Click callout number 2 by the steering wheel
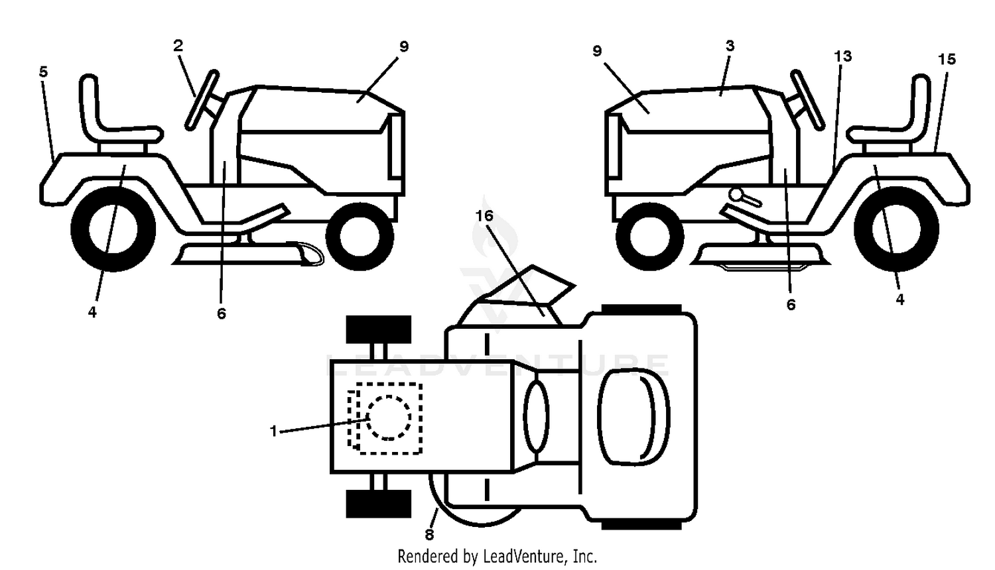coord(178,46)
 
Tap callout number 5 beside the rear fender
coord(43,72)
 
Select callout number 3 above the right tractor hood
coord(730,46)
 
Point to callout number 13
coord(842,56)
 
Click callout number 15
coord(947,59)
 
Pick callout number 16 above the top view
coord(484,216)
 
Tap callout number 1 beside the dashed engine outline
coord(273,431)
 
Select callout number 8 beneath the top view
coord(429,534)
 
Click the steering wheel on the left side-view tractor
coord(202,100)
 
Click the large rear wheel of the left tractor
coord(113,229)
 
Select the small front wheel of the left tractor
coord(360,236)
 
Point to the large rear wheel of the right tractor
coord(896,229)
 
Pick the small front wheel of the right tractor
coord(650,236)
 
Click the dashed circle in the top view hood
coord(389,418)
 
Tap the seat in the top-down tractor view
coord(633,417)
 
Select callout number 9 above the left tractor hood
coord(404,46)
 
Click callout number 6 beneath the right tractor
coord(791,304)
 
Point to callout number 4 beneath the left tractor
coord(92,313)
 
